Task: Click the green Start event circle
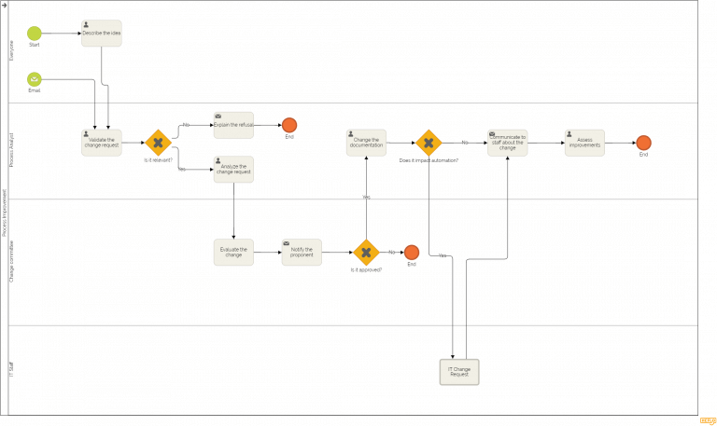click(35, 33)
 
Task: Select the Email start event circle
click(35, 79)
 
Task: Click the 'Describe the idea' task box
click(101, 34)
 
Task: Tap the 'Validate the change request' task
click(101, 143)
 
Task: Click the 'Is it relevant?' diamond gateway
click(158, 143)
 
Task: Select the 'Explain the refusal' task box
click(232, 125)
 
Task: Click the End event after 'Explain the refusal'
click(289, 125)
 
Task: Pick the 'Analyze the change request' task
click(232, 170)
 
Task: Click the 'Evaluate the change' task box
click(232, 253)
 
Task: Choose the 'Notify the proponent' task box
click(302, 253)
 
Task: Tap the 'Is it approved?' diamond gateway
click(366, 253)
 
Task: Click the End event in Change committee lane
click(411, 253)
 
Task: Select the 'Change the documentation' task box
click(366, 143)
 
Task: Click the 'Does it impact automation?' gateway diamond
click(428, 143)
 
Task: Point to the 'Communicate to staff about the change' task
click(507, 143)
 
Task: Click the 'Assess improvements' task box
click(584, 143)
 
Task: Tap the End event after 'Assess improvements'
click(643, 143)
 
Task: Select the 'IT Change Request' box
click(458, 372)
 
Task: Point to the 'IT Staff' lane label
click(12, 371)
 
